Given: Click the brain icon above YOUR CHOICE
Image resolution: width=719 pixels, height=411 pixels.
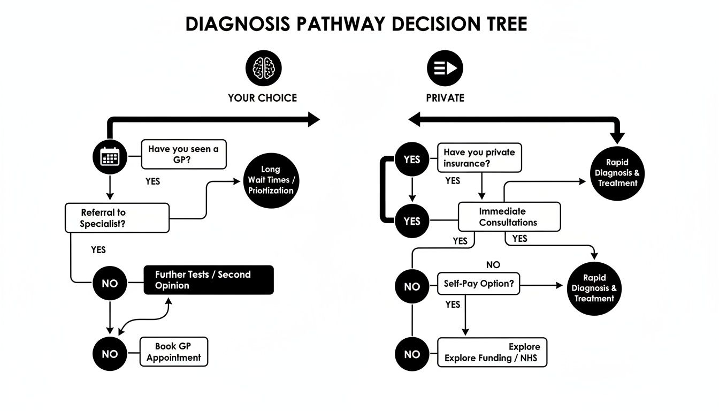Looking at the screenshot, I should coord(263,68).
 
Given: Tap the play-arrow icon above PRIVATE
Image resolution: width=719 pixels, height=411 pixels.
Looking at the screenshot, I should coord(445,68).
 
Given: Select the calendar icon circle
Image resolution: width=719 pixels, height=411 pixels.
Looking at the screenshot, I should coord(110,156).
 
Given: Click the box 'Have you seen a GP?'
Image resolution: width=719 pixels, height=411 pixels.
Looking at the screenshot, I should coord(183,154).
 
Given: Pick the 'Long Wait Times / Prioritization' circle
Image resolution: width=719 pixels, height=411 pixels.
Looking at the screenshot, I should coord(270,180).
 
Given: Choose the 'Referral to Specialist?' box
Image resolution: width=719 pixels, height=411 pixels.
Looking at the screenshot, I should coord(117,218).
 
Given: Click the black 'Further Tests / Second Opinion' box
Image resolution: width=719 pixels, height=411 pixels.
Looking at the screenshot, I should coord(209,280).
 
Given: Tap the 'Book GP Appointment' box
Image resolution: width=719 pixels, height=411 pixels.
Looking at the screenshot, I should coord(173,352).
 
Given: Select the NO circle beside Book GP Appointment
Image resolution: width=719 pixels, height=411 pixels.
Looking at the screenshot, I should coord(110,354).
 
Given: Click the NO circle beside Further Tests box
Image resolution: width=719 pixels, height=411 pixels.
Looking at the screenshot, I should coord(110,284).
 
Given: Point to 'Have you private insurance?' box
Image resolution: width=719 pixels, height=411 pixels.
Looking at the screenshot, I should coord(479,158).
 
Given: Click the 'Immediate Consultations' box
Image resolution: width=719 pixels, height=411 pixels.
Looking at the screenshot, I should coord(509,217).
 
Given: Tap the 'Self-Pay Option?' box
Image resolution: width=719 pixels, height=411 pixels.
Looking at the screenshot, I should coord(478,284).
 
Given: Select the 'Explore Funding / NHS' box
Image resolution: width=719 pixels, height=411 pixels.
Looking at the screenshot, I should coord(492,352).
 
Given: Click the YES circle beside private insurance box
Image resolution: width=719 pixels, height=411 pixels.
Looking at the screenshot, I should coord(412,159).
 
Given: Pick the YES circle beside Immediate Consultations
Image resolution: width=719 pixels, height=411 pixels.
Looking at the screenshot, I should coord(412,221).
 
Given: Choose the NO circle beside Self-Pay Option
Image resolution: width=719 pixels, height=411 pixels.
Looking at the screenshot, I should coord(412,286).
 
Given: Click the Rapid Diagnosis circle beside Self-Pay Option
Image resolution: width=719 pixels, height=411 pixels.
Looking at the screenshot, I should coord(594,288).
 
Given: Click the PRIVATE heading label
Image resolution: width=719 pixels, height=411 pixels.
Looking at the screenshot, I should coord(445,98).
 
